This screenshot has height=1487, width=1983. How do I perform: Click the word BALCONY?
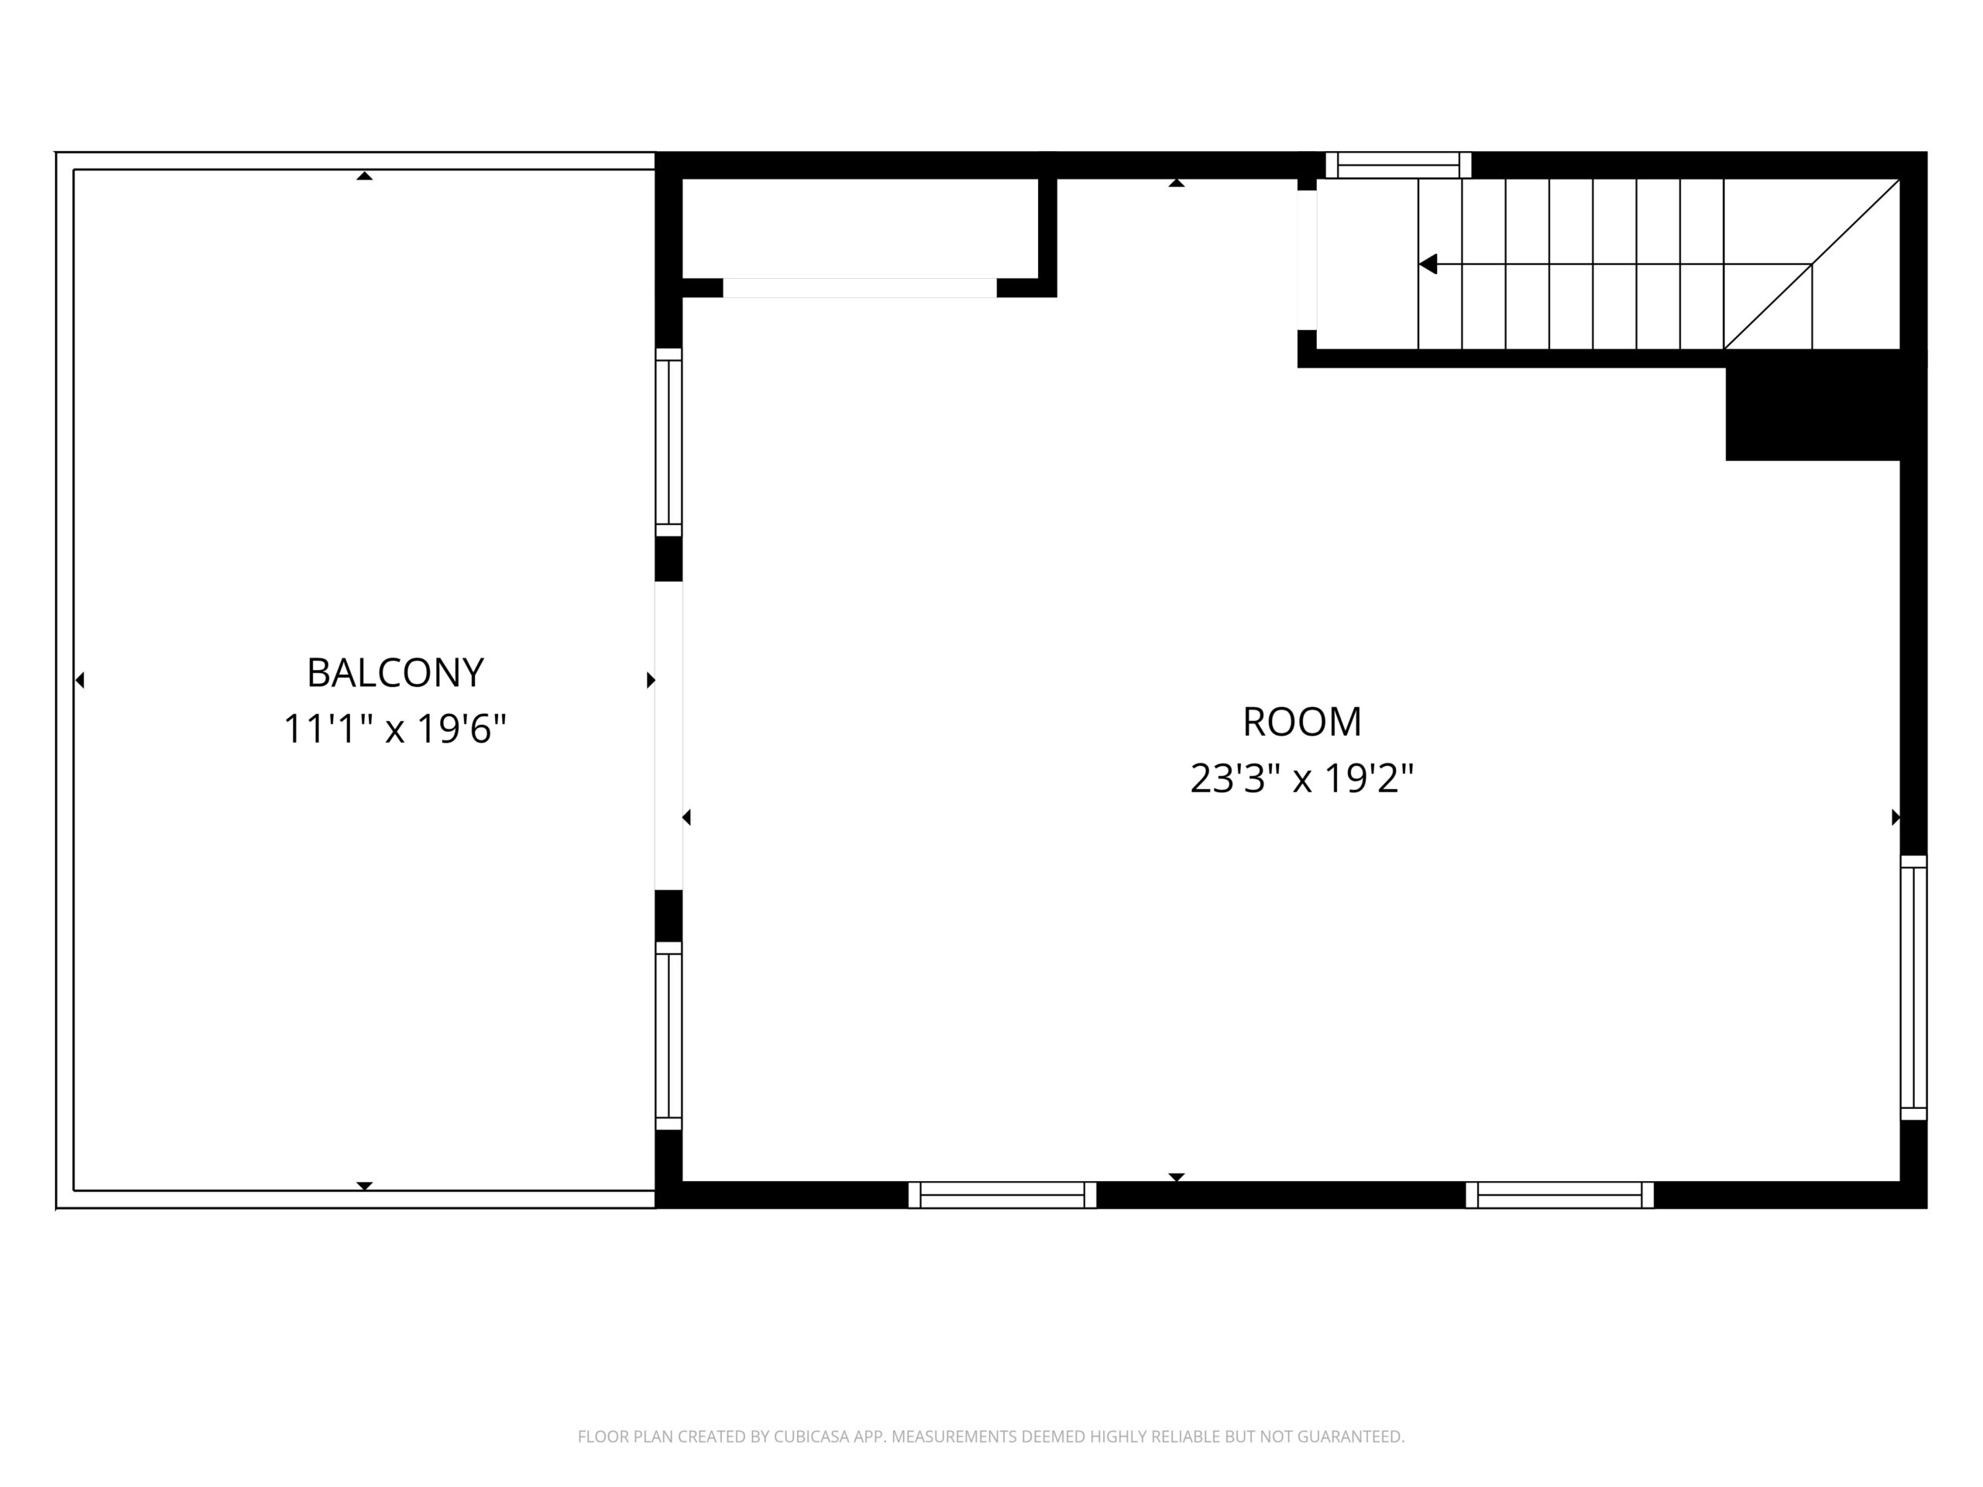tap(395, 673)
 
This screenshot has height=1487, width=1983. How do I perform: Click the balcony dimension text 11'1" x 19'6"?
tap(395, 729)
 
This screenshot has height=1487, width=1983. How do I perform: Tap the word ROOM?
tap(1301, 723)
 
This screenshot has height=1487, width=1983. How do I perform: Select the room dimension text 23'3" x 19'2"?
tap(1301, 778)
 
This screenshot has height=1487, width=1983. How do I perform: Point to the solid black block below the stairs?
tap(1813, 414)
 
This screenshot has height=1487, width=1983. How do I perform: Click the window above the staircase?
tap(1398, 165)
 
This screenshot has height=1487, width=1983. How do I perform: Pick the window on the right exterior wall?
tap(1914, 987)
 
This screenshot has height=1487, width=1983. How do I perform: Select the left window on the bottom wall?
tap(1002, 1195)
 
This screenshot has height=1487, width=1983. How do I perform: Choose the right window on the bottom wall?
tap(1560, 1195)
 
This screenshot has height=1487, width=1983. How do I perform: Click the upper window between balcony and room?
tap(668, 442)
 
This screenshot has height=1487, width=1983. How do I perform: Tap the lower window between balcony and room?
tap(668, 1035)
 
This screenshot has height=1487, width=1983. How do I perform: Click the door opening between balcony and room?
tap(668, 736)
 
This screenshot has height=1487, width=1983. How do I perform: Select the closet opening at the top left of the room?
tap(860, 288)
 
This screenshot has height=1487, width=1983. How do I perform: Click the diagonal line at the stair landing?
tap(1812, 264)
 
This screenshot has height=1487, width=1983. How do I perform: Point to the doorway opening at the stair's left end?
tap(1307, 260)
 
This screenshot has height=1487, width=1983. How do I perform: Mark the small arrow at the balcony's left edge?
tap(80, 680)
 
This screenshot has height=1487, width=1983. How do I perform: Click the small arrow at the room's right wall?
tap(1895, 817)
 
